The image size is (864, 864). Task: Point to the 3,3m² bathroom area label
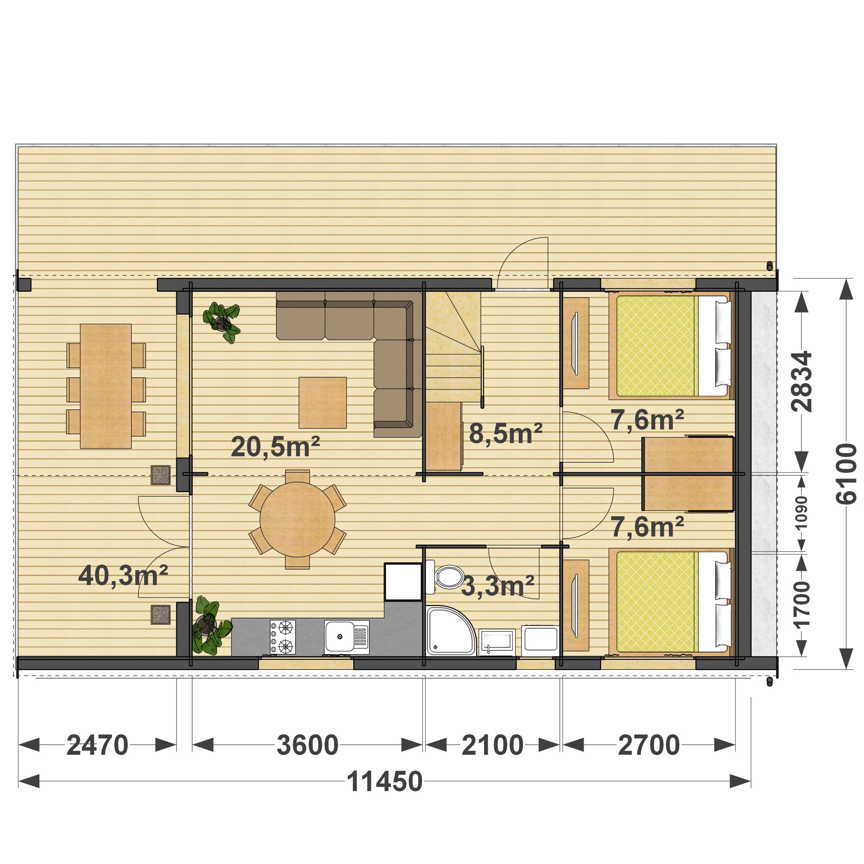coord(497,586)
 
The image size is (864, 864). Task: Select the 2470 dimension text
coord(98,745)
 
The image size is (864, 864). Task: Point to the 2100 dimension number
coord(492,745)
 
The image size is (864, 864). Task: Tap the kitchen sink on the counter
coord(347,637)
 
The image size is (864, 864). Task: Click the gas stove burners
coord(282,637)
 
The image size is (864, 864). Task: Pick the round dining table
coord(297,519)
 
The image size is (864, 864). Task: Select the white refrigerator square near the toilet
coord(403,582)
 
